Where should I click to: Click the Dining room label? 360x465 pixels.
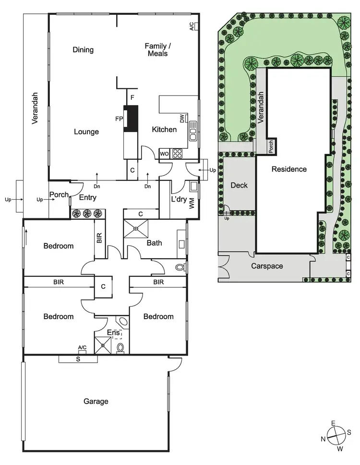click(83, 50)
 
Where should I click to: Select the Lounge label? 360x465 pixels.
click(86, 131)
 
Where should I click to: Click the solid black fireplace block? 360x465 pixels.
click(131, 118)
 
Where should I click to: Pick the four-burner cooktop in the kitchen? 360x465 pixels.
click(178, 154)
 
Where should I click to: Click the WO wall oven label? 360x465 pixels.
click(164, 154)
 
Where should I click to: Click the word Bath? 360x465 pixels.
click(154, 243)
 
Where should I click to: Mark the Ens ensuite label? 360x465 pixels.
click(113, 332)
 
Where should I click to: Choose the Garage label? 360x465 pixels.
click(96, 401)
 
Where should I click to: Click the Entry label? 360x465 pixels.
click(87, 197)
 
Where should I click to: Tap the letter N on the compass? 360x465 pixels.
click(323, 439)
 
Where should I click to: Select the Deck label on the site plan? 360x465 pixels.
click(239, 185)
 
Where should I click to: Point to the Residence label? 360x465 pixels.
click(289, 169)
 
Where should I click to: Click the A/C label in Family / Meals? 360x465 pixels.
click(192, 26)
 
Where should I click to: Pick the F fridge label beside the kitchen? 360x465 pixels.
click(132, 97)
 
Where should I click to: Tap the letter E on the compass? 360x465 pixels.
click(332, 423)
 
